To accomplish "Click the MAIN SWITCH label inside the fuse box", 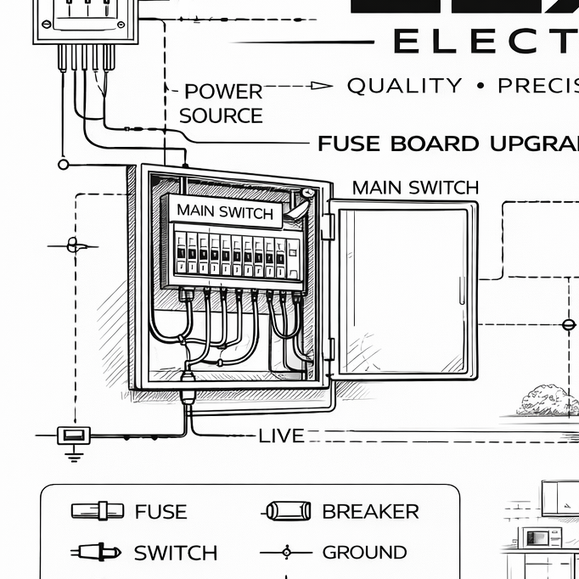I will (225, 211).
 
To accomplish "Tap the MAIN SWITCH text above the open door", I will (415, 187).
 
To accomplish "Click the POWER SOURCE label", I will (222, 103).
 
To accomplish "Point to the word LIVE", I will (281, 436).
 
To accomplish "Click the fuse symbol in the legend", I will (92, 511).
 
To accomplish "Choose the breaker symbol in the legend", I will (283, 511).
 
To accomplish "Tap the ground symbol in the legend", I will (285, 553).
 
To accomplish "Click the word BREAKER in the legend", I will (370, 511).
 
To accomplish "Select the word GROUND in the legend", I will (365, 553).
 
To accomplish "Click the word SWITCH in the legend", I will (176, 553).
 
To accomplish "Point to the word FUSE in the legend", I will (160, 511).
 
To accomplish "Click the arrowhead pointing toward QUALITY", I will (321, 85).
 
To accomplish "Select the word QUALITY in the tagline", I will (405, 85).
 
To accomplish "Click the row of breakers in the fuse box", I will (234, 252).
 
